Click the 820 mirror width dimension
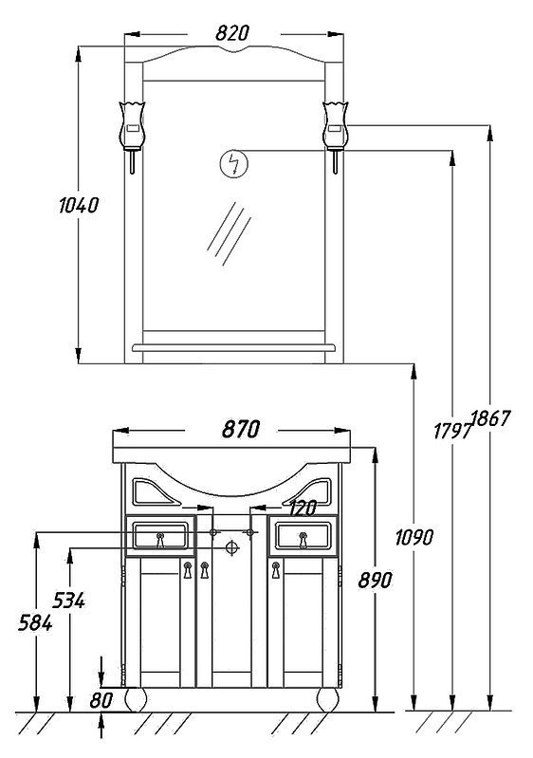tap(232, 33)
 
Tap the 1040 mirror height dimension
tap(79, 206)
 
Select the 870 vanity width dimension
tap(241, 429)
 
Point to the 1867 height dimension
tap(491, 418)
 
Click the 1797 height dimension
tap(452, 431)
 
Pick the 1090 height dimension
tap(414, 537)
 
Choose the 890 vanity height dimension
tap(375, 580)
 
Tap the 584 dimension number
tap(35, 623)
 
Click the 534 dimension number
tap(68, 601)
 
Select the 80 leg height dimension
tap(101, 699)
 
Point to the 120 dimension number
tap(303, 508)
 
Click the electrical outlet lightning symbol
tap(234, 164)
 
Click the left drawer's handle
tap(160, 540)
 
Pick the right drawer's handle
tap(303, 540)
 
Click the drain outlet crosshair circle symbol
tap(232, 547)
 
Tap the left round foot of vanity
tap(136, 699)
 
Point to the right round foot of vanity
tap(327, 699)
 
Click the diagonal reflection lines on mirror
tap(230, 234)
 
